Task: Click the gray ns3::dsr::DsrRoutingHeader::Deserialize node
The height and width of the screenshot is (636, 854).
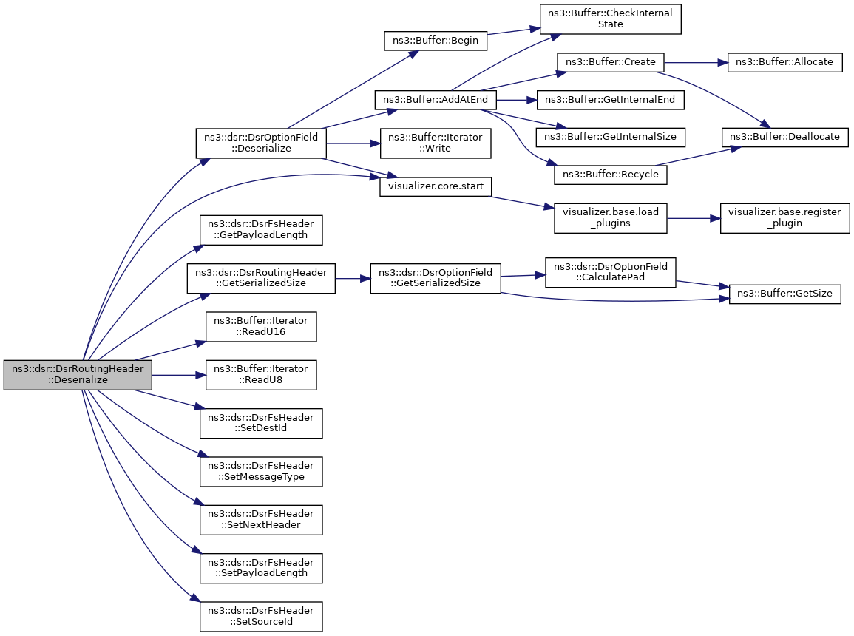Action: coord(78,375)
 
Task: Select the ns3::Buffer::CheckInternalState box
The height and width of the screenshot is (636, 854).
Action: coord(610,19)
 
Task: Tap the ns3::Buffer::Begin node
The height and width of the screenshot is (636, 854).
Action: coord(436,40)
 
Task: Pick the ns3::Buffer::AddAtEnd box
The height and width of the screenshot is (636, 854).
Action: coord(436,100)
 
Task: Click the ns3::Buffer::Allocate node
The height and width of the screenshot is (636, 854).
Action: coord(784,62)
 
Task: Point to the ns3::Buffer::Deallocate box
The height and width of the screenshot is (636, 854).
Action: coord(784,137)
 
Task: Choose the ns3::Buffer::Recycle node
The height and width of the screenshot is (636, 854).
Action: coord(610,175)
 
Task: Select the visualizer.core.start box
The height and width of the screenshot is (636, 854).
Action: coord(436,186)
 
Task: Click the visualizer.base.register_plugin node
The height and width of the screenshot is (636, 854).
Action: coord(784,218)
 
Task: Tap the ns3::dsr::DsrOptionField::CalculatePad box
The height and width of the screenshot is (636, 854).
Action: coord(610,272)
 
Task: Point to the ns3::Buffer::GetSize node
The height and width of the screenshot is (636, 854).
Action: coord(784,294)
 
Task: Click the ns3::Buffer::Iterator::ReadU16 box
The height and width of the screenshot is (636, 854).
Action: coord(261,326)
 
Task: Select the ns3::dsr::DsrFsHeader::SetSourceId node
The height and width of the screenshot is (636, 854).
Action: coord(261,616)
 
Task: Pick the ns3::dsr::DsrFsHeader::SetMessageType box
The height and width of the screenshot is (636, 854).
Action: coord(261,472)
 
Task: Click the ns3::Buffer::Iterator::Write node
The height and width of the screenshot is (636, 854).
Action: coord(436,143)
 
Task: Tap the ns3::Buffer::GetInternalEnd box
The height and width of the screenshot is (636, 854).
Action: coord(610,100)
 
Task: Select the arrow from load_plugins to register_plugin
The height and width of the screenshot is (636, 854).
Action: coord(694,218)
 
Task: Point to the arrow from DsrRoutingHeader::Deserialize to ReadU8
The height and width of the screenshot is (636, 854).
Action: coord(179,375)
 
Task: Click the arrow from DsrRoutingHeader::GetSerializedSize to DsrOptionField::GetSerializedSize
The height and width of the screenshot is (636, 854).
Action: coord(353,278)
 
